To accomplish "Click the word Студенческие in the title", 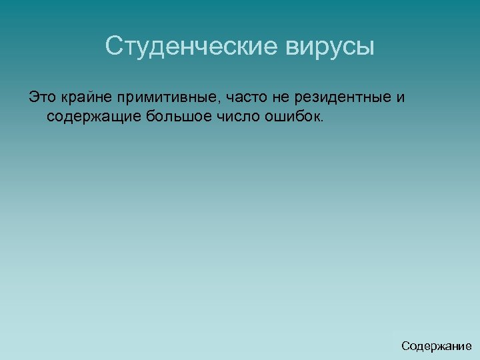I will [x=191, y=47].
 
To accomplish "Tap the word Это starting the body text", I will [x=42, y=98].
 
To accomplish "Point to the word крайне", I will [x=86, y=98].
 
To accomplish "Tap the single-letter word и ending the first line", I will [x=400, y=99].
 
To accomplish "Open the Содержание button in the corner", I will [x=436, y=346].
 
